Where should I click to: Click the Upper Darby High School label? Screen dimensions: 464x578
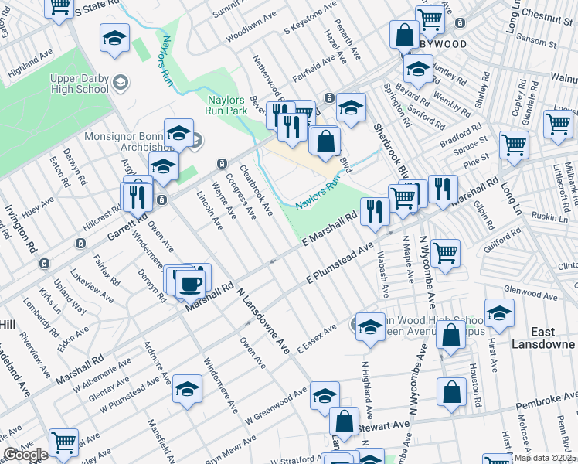80,84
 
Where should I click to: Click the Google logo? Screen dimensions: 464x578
25,455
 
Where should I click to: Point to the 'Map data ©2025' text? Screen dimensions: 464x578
546,458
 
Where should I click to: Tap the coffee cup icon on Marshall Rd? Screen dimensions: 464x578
190,283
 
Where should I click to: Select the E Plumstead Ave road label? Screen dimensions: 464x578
339,264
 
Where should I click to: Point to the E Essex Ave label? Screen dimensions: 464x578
316,339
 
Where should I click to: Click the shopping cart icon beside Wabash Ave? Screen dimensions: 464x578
446,253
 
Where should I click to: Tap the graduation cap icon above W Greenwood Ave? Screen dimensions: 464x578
325,394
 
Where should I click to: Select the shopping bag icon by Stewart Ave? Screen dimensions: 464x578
344,421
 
